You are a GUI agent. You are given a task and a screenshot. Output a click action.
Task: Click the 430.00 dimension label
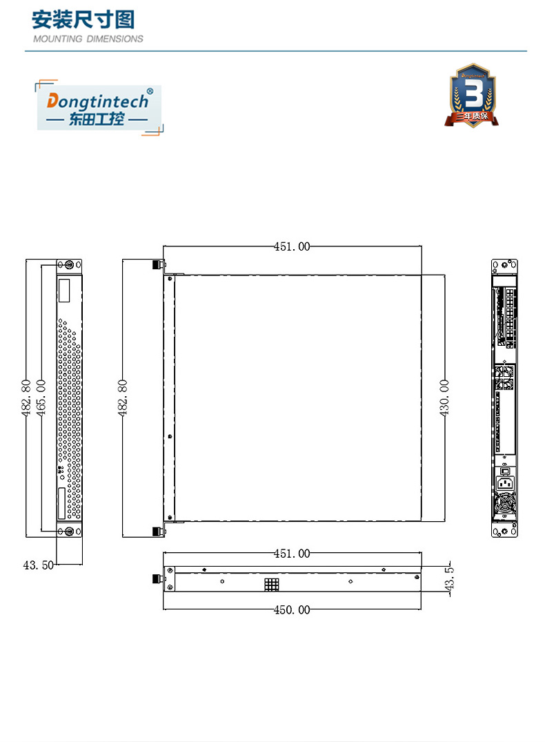coord(444,397)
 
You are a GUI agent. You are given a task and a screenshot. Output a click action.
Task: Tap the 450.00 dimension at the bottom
coord(293,609)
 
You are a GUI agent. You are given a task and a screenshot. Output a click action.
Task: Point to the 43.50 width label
coord(38,565)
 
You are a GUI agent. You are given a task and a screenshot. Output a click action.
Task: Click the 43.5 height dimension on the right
coord(450,580)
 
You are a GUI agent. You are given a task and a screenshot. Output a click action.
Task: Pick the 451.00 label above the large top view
coord(293,246)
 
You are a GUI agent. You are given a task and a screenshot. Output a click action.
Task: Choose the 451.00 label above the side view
coord(293,554)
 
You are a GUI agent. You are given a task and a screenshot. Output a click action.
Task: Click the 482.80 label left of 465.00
coord(26,397)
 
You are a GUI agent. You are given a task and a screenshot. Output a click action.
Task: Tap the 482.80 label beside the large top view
coord(123,397)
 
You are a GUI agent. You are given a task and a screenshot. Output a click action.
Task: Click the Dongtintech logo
coord(99,107)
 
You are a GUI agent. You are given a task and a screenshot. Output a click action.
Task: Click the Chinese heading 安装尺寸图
coord(83,19)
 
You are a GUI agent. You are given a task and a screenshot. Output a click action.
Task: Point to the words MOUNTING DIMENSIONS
coord(88,39)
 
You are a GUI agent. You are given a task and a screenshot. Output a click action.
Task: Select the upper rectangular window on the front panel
coord(64,291)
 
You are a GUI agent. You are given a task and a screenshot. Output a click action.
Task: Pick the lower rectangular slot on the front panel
coord(64,504)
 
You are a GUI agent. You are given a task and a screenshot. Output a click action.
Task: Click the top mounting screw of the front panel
coord(68,265)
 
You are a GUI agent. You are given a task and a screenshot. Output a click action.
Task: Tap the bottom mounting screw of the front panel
coord(68,531)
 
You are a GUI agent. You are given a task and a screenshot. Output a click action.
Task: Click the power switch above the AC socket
coord(504,471)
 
